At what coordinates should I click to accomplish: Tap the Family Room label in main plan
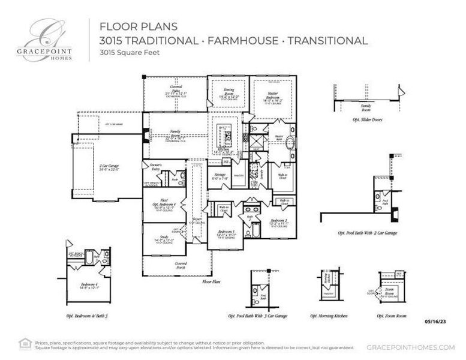click(x=176, y=134)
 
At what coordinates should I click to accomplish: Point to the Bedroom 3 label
click(x=226, y=233)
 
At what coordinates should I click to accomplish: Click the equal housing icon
click(x=25, y=343)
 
